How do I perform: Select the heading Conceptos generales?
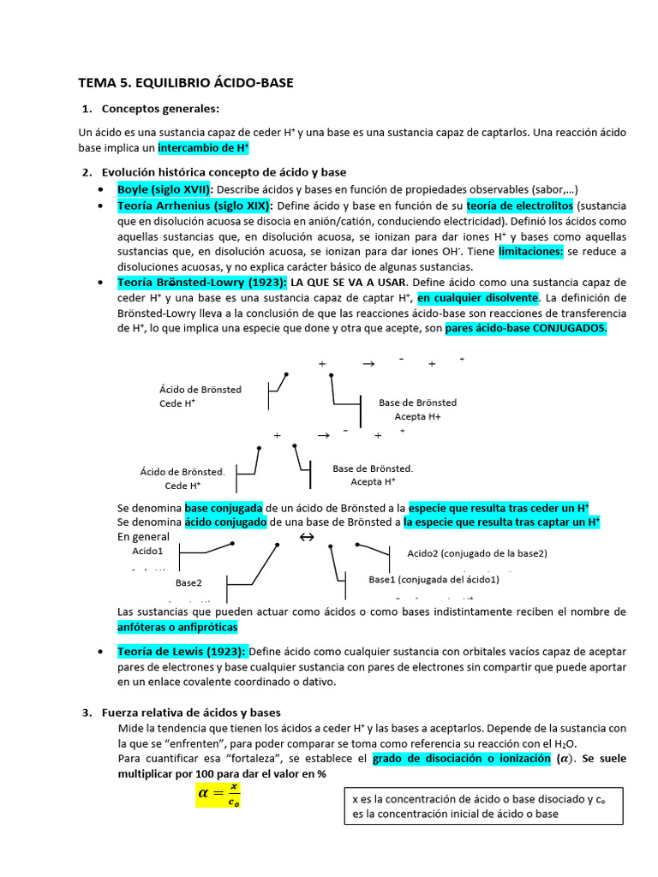160,109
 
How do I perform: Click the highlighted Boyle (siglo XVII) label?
164,188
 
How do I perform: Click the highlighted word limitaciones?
530,251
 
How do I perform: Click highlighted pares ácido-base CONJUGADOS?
526,328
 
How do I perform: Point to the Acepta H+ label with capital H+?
417,416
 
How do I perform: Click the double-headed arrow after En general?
306,537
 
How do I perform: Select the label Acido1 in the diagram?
147,552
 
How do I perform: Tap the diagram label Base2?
188,582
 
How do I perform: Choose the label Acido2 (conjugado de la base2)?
476,552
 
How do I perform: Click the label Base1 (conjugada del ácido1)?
434,580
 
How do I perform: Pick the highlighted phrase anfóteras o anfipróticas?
176,627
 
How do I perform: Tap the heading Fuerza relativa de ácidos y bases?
191,713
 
